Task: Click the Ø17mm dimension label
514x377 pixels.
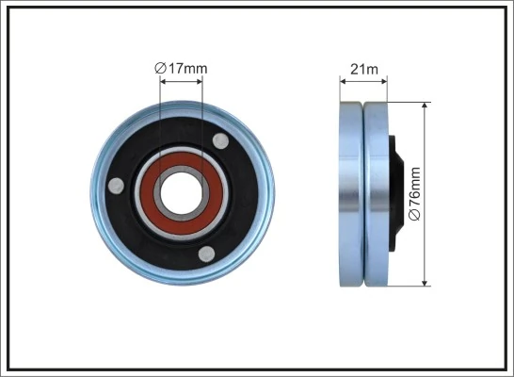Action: pyautogui.click(x=181, y=67)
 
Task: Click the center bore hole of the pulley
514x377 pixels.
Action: pyautogui.click(x=182, y=192)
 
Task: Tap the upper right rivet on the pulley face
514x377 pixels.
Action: pyautogui.click(x=221, y=141)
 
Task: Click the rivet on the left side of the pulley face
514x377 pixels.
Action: pyautogui.click(x=115, y=186)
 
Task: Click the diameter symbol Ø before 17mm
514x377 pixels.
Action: pyautogui.click(x=159, y=67)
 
